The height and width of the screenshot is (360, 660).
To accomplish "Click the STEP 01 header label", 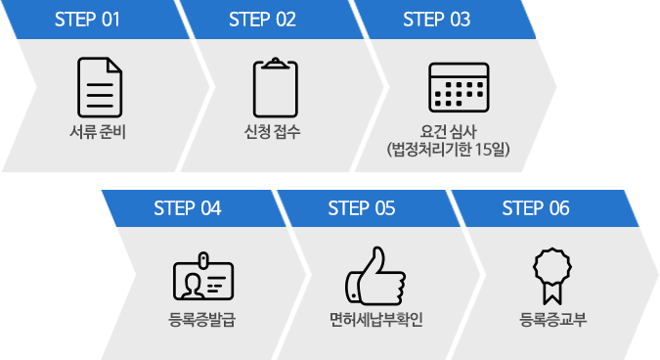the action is pyautogui.click(x=87, y=20).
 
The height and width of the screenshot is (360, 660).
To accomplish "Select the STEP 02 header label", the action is pyautogui.click(x=261, y=20).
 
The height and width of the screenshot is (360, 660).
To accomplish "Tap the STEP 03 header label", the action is pyautogui.click(x=436, y=20).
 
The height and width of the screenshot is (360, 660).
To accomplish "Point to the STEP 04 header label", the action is pyautogui.click(x=188, y=207).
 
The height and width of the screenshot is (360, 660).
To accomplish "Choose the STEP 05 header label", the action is pyautogui.click(x=362, y=207).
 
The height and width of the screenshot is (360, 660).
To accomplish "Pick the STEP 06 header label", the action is pyautogui.click(x=536, y=207).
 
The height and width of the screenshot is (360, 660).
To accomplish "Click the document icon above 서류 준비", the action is pyautogui.click(x=100, y=87).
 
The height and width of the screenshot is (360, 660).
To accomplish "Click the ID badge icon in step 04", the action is pyautogui.click(x=202, y=277).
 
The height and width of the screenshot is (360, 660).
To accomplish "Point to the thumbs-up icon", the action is pyautogui.click(x=374, y=276).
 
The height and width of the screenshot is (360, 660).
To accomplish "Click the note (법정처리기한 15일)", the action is pyautogui.click(x=449, y=149).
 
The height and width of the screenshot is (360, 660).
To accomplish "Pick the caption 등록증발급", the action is pyautogui.click(x=201, y=319).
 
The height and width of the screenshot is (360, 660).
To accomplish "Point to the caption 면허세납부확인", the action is pyautogui.click(x=375, y=319).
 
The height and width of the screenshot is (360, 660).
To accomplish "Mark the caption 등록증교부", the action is pyautogui.click(x=550, y=319).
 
